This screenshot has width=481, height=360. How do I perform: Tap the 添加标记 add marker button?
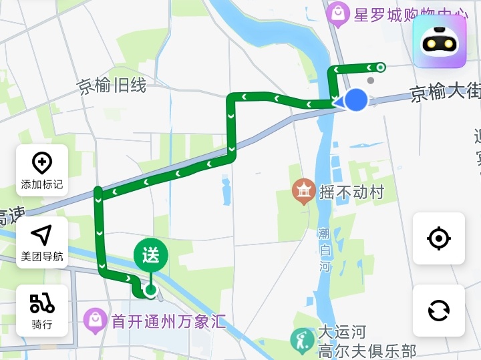click(x=42, y=170)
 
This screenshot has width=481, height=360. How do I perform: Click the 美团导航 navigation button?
click(x=42, y=242)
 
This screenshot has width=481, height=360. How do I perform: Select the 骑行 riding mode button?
click(x=42, y=310)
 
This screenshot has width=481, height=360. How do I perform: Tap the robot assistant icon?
click(x=439, y=41)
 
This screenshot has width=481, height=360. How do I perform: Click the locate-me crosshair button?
click(x=438, y=238)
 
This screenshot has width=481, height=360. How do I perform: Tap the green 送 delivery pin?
click(x=150, y=255)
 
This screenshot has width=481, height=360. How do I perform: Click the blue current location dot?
click(x=357, y=100)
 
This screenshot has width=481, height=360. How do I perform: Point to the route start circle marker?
click(x=380, y=67)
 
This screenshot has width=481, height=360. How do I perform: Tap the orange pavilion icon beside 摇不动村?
click(x=304, y=192)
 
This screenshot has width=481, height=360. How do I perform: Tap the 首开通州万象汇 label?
click(x=168, y=323)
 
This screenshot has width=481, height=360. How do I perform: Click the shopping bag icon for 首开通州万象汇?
click(x=95, y=322)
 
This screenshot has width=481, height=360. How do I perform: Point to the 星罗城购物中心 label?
click(x=391, y=15)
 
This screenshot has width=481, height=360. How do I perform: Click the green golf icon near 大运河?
click(x=302, y=341)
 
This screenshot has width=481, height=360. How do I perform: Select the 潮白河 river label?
click(x=325, y=250)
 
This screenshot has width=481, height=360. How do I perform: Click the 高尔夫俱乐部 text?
click(x=367, y=351)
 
